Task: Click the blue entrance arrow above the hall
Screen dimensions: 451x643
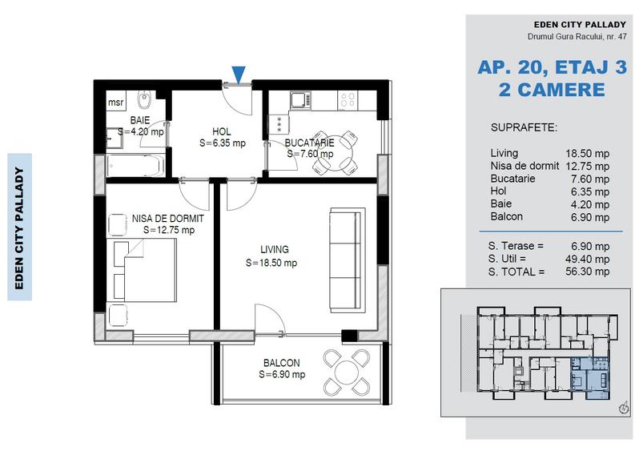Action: (239, 75)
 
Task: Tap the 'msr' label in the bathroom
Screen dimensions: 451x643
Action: (116, 103)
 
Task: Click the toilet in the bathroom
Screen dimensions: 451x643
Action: (145, 102)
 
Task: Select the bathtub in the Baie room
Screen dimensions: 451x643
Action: (135, 164)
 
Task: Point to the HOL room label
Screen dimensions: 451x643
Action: (222, 132)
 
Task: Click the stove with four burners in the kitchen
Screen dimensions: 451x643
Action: (349, 100)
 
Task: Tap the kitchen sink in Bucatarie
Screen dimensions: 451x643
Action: (299, 100)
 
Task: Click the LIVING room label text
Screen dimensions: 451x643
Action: (274, 249)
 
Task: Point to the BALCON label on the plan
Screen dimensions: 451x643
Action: (280, 362)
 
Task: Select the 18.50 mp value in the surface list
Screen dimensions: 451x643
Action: (588, 152)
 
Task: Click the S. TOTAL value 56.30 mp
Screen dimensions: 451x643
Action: (588, 272)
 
